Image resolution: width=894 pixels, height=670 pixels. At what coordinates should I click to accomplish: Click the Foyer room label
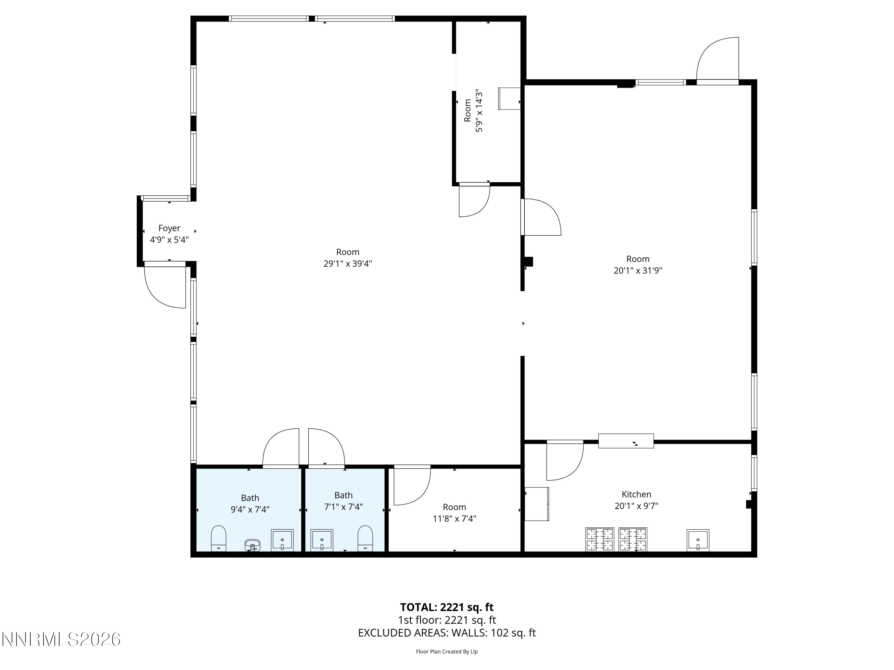(x=169, y=228)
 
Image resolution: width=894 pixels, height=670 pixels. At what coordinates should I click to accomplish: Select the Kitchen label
(x=636, y=494)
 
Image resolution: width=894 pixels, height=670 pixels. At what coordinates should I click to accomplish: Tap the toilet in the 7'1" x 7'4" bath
(x=365, y=538)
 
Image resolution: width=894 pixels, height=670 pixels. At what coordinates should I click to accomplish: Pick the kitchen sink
(x=698, y=540)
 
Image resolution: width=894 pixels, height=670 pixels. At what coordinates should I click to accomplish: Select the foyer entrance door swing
(x=164, y=286)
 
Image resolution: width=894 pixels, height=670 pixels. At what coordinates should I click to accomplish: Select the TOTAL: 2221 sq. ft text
(x=447, y=607)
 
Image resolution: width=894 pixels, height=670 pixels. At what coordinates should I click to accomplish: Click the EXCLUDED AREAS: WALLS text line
(x=447, y=633)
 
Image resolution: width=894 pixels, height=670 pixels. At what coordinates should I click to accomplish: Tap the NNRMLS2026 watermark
(x=61, y=639)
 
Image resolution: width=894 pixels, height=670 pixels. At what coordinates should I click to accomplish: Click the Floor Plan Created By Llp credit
(x=447, y=652)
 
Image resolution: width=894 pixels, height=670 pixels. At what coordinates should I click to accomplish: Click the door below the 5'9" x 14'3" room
(x=474, y=200)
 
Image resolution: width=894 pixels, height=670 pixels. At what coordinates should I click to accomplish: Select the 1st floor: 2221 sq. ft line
(x=447, y=620)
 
